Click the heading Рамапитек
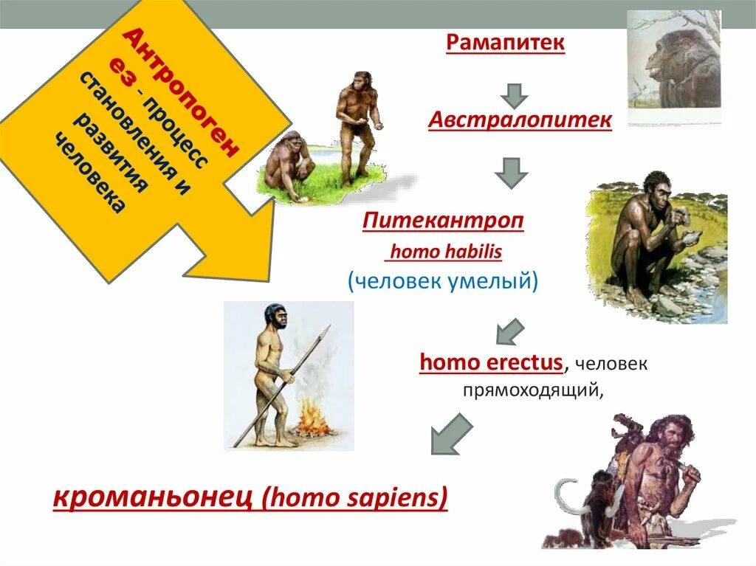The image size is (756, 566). pos(506,43)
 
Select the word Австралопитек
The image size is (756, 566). pos(520,120)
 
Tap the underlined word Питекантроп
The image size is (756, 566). pos(443,221)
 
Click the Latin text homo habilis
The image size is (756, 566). pos(445,252)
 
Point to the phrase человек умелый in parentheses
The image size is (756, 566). pos(443,281)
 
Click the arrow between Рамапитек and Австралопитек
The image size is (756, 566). pos(515,95)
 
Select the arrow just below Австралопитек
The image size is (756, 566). pos(511,172)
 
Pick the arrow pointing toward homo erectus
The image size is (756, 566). pos(509,331)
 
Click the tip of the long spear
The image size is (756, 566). pos(324,331)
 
